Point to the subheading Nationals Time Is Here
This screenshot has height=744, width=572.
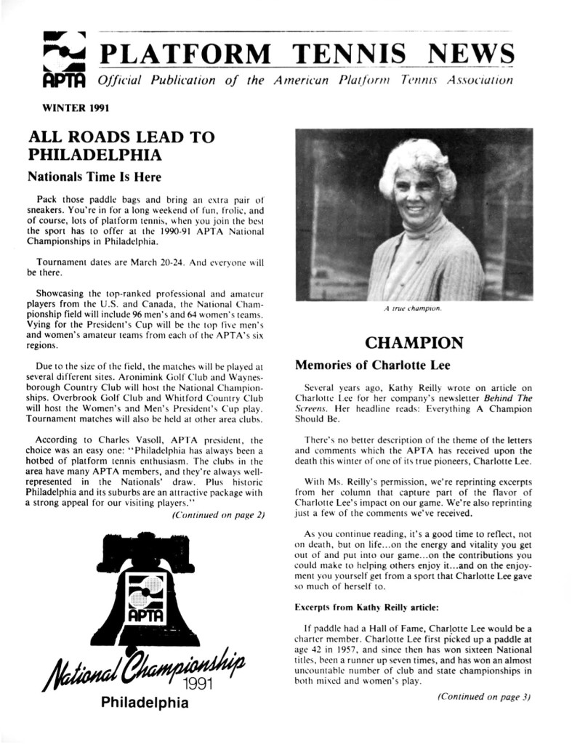tap(93, 176)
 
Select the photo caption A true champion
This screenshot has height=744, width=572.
tap(413, 309)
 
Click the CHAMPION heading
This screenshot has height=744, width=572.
tap(412, 341)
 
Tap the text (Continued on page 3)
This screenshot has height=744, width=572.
tap(485, 696)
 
